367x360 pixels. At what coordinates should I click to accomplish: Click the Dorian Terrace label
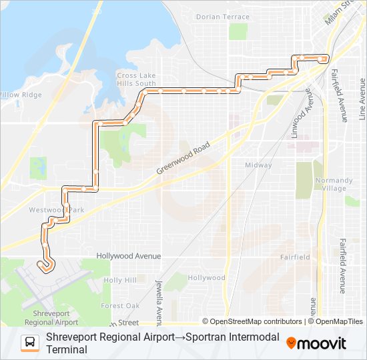point(222,17)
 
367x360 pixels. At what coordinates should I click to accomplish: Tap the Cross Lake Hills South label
point(135,79)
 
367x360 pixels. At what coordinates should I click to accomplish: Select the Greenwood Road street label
point(183,158)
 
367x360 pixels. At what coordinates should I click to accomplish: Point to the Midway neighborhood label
point(258,165)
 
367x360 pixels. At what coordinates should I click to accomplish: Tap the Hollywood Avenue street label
point(129,255)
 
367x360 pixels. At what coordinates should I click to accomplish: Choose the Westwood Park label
point(57,210)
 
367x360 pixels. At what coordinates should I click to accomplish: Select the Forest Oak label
point(120,306)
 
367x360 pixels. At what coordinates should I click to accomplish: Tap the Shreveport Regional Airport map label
point(47,317)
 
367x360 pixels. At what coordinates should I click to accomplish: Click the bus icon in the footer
point(30,343)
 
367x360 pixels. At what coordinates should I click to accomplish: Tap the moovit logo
point(316,343)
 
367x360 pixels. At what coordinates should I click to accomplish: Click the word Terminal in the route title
point(67,349)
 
